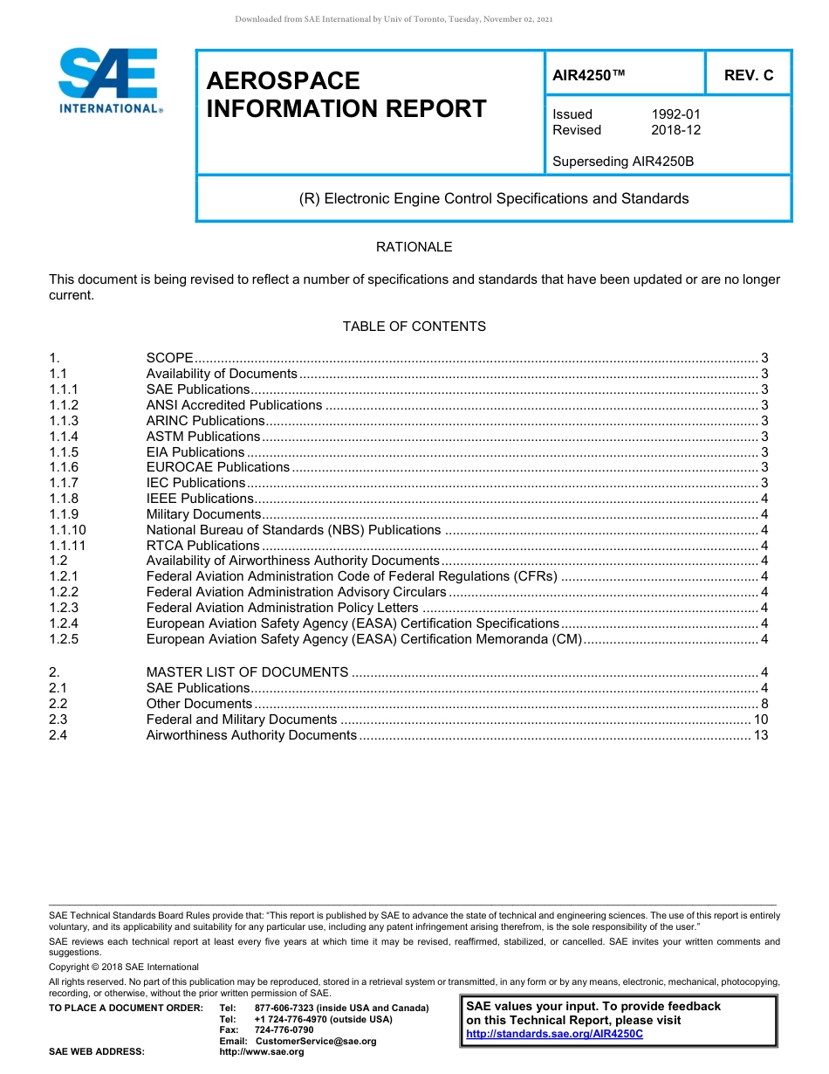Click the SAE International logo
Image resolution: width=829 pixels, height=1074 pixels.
[108, 80]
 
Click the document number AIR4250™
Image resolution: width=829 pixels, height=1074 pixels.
[589, 75]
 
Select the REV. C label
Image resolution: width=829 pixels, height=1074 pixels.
[748, 75]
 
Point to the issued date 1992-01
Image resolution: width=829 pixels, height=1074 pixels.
[675, 114]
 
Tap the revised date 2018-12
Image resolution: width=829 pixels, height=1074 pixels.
[675, 130]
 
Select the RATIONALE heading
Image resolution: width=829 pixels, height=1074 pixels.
[414, 247]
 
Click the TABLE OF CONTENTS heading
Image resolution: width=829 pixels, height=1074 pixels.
[414, 327]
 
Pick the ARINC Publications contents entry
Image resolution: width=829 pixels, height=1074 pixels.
[205, 421]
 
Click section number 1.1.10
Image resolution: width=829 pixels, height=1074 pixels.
[67, 530]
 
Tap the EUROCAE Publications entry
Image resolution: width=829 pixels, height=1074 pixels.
[217, 467]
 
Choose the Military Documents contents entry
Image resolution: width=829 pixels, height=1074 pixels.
[203, 514]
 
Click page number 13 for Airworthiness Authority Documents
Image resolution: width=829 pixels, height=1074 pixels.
[760, 735]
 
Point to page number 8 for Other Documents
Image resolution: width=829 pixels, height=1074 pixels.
[764, 704]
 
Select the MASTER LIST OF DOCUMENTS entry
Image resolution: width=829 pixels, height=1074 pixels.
[247, 672]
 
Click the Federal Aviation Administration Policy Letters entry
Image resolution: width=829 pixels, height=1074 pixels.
[282, 608]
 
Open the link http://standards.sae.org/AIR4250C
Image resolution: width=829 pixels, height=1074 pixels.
[554, 1034]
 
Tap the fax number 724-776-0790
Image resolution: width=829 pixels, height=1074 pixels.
[284, 1030]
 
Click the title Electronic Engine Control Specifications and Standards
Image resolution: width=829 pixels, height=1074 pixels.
[494, 198]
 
